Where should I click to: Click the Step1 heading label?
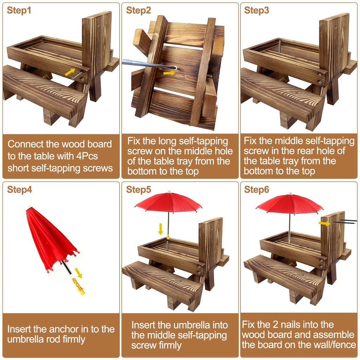[19, 11]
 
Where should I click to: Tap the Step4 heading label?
[19, 190]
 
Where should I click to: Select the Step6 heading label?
[257, 190]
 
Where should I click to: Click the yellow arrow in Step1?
[70, 72]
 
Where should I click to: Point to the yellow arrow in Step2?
[169, 73]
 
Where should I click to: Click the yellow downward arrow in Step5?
[161, 229]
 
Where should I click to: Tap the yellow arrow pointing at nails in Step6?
[324, 223]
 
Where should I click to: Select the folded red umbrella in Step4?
[49, 239]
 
